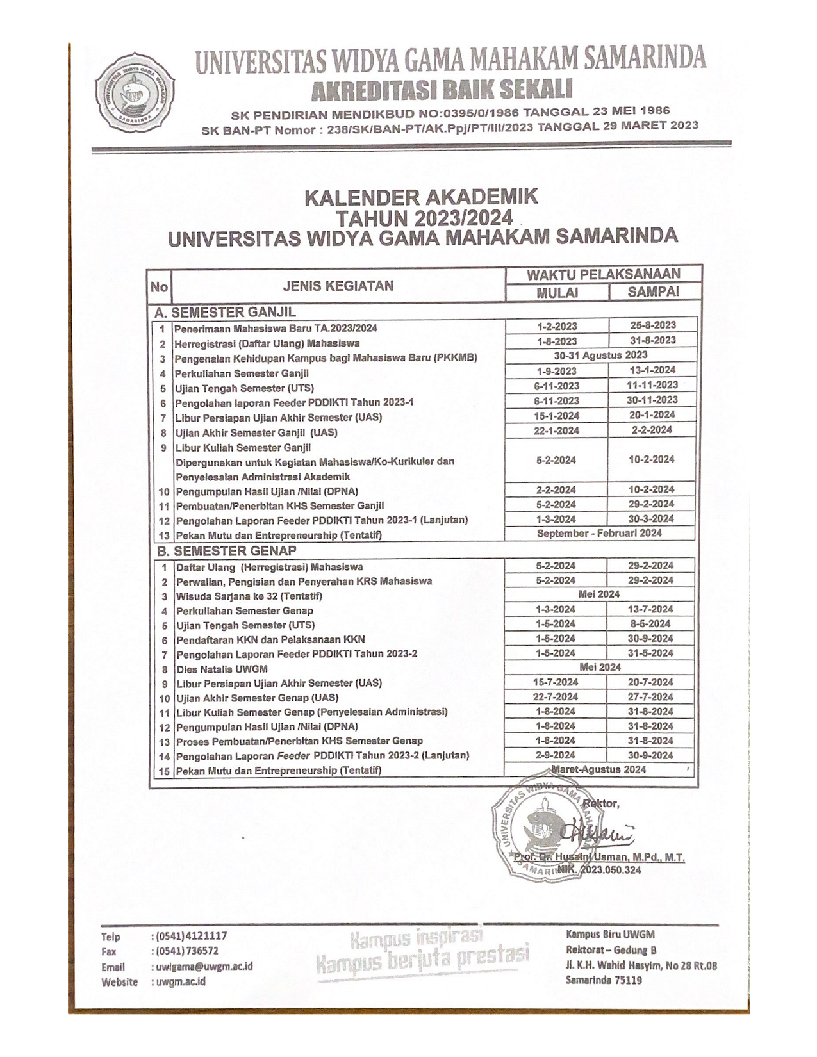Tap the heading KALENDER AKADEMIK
(x=420, y=197)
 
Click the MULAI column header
(x=557, y=293)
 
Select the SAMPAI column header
(x=653, y=292)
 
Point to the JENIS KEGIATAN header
(x=338, y=286)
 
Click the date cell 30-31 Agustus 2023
(x=600, y=355)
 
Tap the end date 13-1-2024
(x=652, y=370)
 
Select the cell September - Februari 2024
(x=599, y=533)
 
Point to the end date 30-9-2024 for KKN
(x=650, y=639)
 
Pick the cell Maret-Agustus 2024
(x=598, y=769)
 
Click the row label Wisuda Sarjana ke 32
(x=249, y=596)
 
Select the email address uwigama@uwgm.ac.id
(x=202, y=966)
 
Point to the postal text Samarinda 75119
(x=604, y=980)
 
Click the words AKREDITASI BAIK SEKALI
(x=442, y=90)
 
